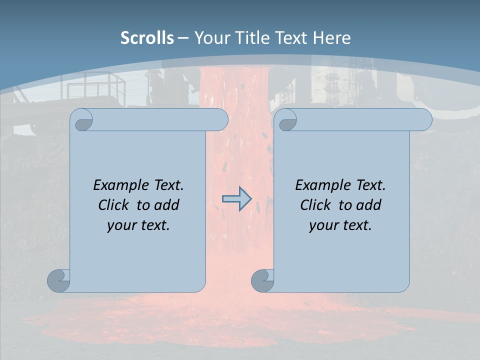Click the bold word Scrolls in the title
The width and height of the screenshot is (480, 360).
(x=147, y=38)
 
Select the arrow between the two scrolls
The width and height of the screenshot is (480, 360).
(x=236, y=199)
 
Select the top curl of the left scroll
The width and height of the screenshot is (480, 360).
(x=82, y=120)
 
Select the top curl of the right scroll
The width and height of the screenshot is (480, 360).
(x=286, y=120)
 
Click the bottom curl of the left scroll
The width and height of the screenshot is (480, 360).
(x=58, y=280)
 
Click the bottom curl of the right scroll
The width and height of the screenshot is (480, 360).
(x=262, y=280)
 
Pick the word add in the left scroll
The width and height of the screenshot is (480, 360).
(x=167, y=205)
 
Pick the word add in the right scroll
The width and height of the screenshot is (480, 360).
(x=369, y=205)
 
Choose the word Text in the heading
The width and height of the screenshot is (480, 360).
(x=293, y=38)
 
